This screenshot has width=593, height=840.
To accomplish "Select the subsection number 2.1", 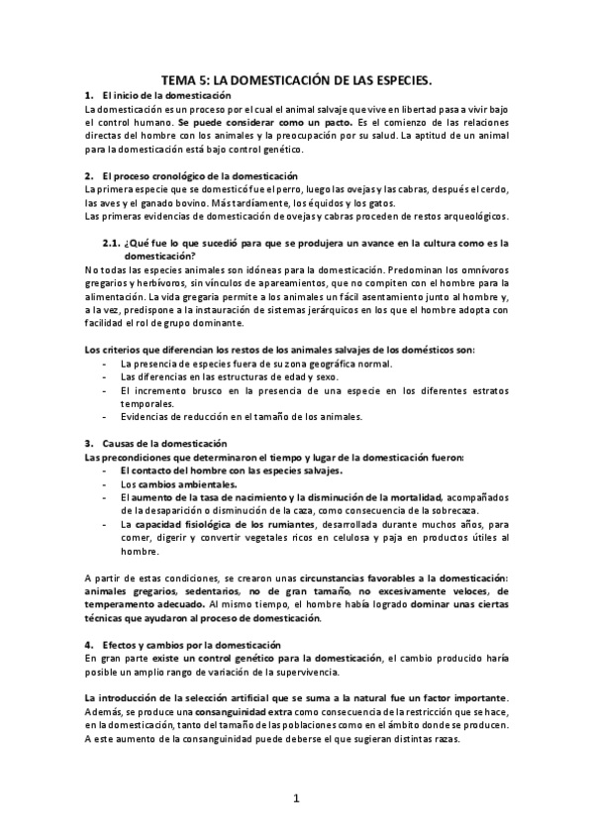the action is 111,242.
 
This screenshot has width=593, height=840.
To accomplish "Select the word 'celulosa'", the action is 387,537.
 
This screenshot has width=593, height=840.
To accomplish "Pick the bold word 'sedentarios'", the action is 197,590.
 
